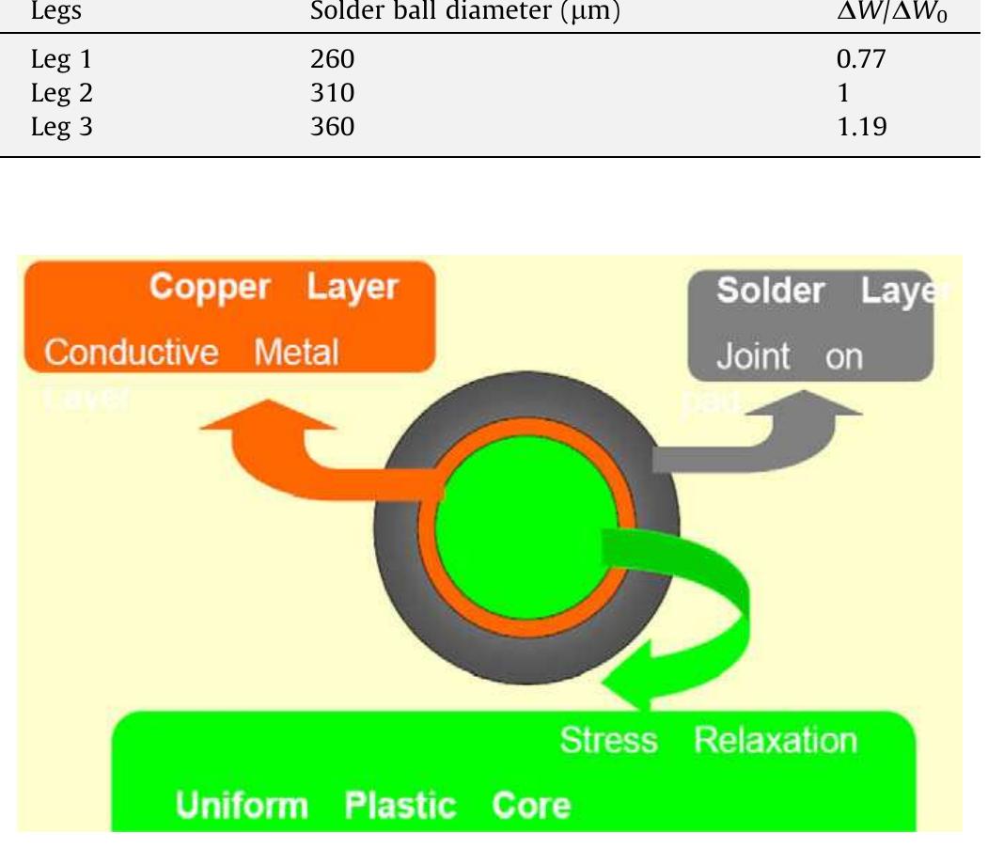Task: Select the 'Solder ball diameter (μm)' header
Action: pos(465,13)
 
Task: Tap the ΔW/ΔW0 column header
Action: pos(889,13)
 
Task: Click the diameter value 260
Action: pos(333,61)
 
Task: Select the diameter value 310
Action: pos(333,93)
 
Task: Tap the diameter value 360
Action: pos(333,125)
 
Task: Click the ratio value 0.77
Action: pos(861,61)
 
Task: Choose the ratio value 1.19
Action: pos(861,125)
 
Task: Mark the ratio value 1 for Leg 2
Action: pos(842,93)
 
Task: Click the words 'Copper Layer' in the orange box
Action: pos(273,288)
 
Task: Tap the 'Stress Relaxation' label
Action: pos(708,741)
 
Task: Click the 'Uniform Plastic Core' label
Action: pos(372,806)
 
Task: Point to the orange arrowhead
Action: pos(269,417)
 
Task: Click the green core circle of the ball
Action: pos(526,521)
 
